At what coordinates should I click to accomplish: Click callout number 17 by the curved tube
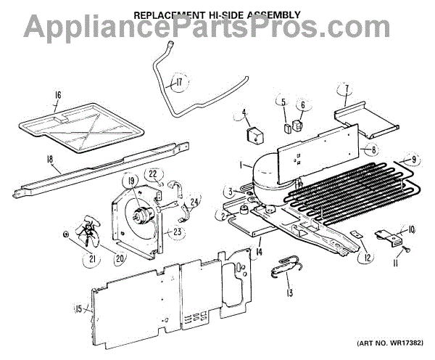click(x=178, y=83)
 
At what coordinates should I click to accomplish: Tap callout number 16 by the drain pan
click(x=58, y=94)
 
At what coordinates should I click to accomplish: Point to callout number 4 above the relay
click(x=245, y=113)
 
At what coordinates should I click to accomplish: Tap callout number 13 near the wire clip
click(x=290, y=293)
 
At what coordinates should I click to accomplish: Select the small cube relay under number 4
click(x=254, y=136)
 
